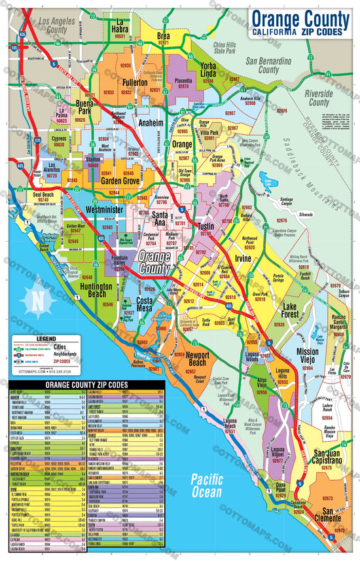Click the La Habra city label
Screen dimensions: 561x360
120,24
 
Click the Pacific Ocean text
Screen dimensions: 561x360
207,484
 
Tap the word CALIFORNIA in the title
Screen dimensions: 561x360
275,31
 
